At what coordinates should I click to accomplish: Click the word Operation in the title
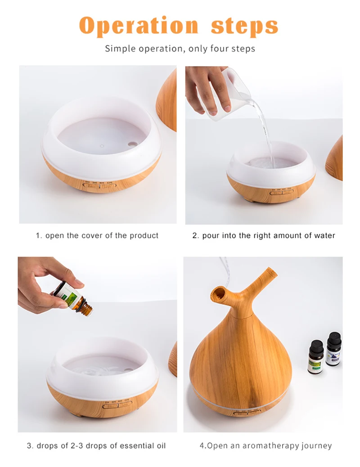[x=139, y=26]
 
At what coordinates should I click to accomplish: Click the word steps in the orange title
[x=245, y=26]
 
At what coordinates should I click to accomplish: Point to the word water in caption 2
[x=324, y=235]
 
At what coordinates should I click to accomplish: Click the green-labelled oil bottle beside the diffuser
[x=316, y=357]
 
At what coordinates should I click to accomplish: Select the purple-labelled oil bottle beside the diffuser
[x=333, y=349]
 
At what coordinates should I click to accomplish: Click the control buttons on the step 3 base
[x=117, y=404]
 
